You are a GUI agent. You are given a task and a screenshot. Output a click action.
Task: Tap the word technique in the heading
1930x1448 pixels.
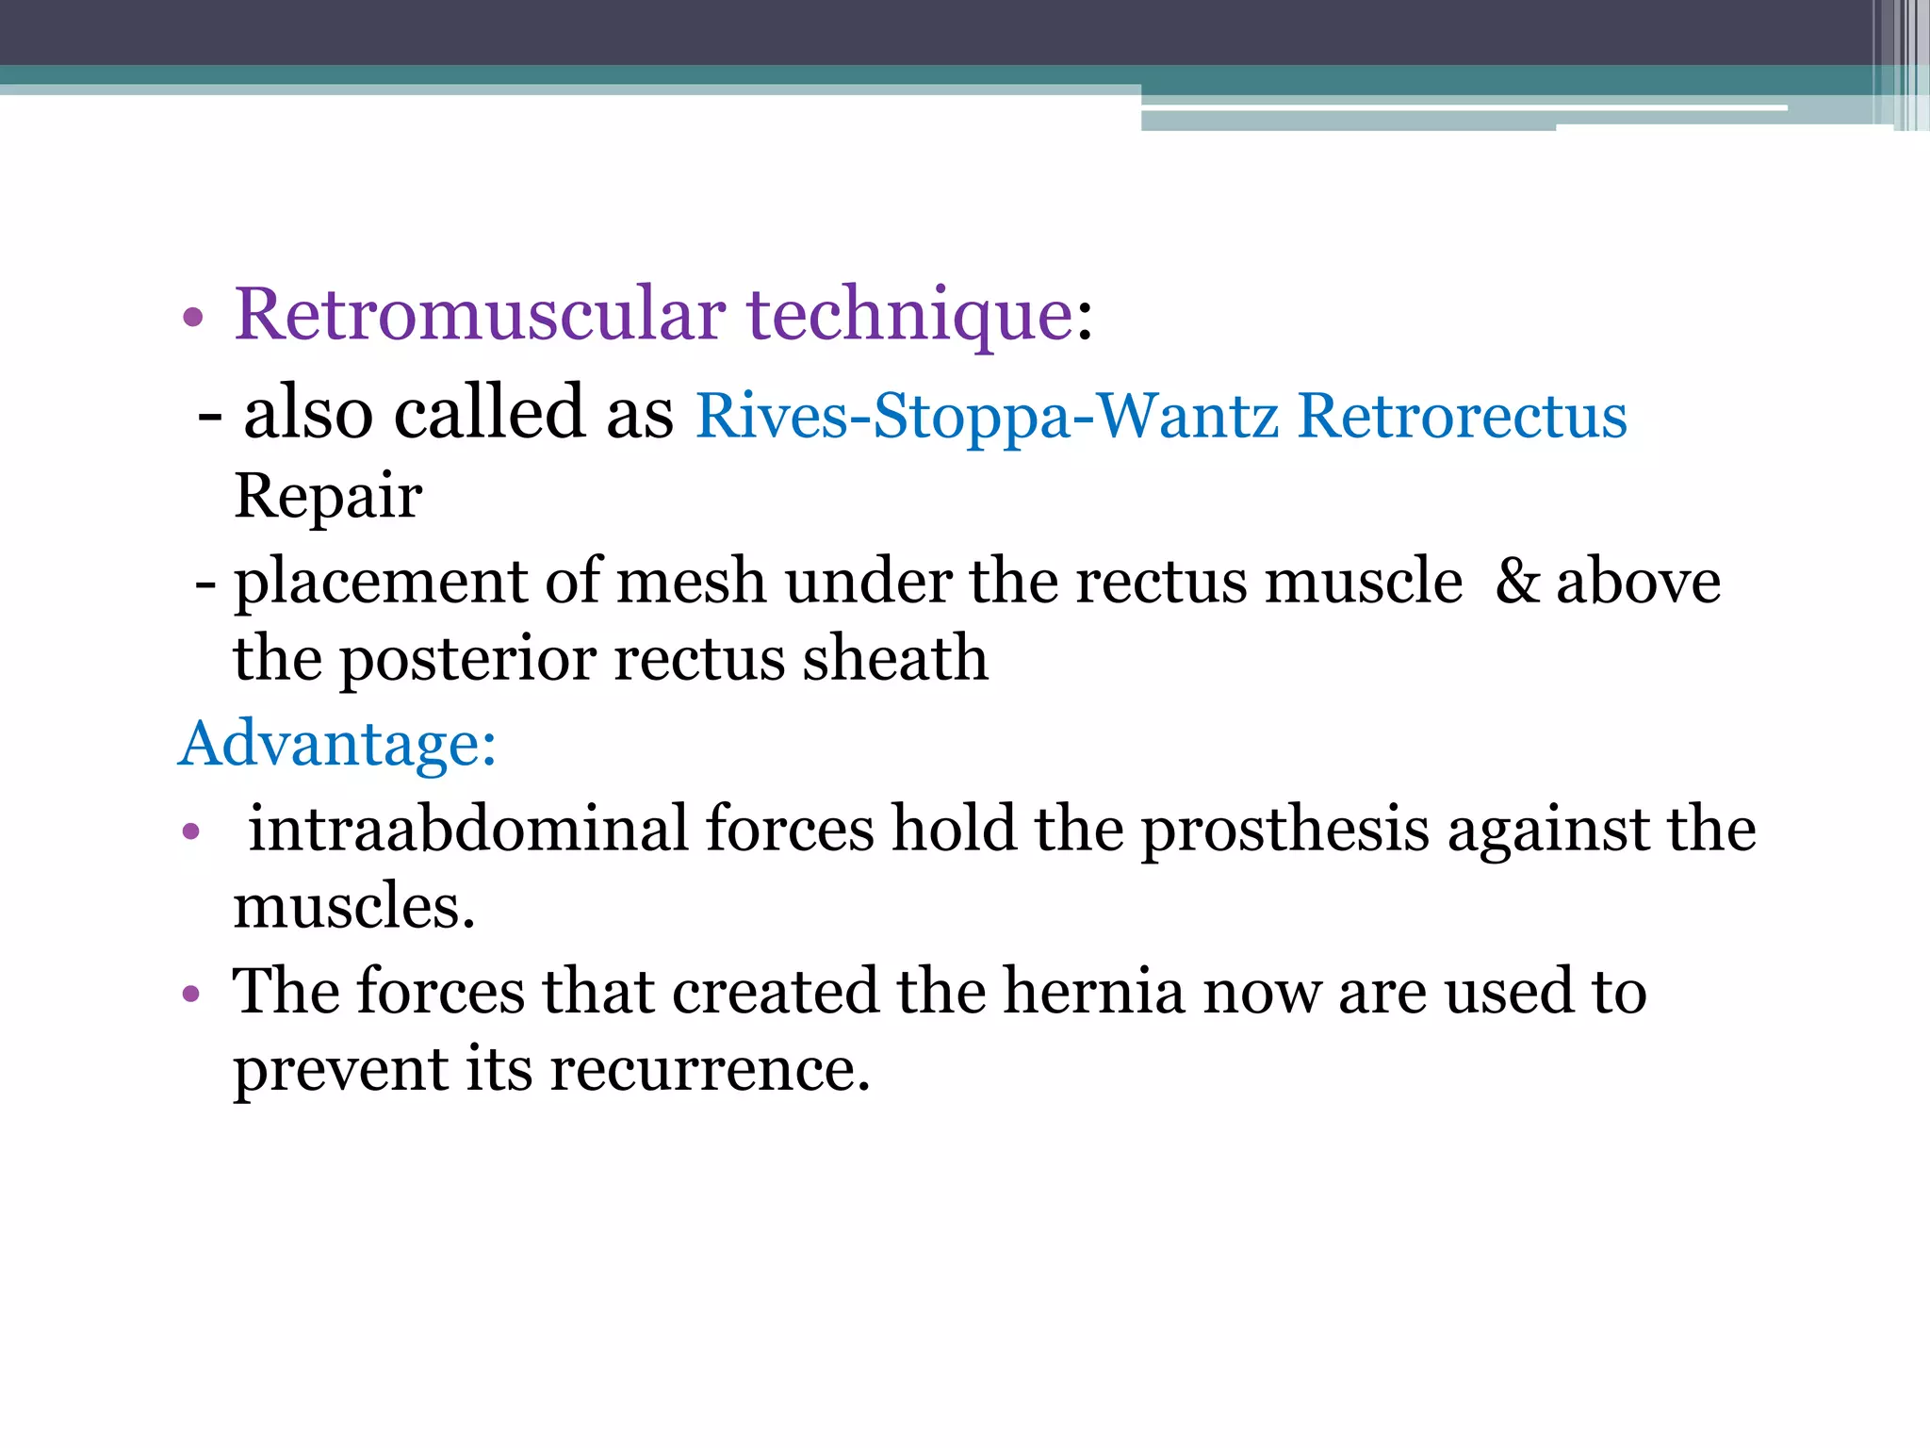(x=909, y=316)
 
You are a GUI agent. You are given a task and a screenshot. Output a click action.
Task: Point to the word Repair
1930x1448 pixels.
(x=328, y=497)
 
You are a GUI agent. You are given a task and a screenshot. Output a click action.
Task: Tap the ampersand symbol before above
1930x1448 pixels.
(x=1516, y=581)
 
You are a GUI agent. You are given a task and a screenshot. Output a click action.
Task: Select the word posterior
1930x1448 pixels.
(x=467, y=660)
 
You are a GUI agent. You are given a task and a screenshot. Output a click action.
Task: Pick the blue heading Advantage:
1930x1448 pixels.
(x=336, y=744)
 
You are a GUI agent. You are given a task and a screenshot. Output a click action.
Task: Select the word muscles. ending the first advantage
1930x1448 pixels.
(x=353, y=907)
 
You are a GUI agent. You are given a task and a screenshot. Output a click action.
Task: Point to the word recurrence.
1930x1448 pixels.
(x=710, y=1070)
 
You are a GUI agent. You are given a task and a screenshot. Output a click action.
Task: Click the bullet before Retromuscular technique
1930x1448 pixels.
(x=193, y=318)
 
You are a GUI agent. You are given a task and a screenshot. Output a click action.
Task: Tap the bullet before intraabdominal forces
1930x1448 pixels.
(x=191, y=831)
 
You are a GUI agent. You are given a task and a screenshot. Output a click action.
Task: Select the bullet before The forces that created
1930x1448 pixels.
(x=191, y=994)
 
